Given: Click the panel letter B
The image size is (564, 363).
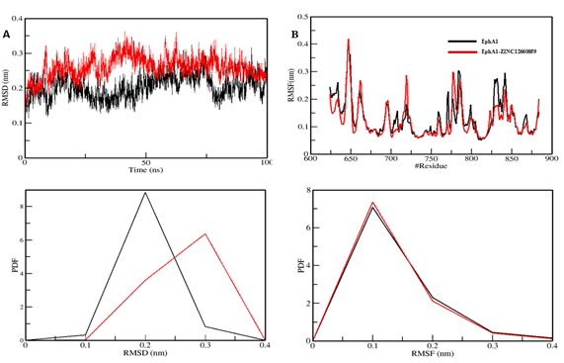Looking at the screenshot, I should (294, 34).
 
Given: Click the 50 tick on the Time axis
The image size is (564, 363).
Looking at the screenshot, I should (146, 162).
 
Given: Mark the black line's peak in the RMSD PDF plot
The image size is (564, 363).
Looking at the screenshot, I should (146, 193).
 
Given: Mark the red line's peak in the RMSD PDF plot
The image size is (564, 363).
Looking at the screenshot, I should (205, 234).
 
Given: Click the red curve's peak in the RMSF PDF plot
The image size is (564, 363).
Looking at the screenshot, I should (372, 203).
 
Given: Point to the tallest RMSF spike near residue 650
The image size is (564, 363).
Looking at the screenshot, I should (349, 41).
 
